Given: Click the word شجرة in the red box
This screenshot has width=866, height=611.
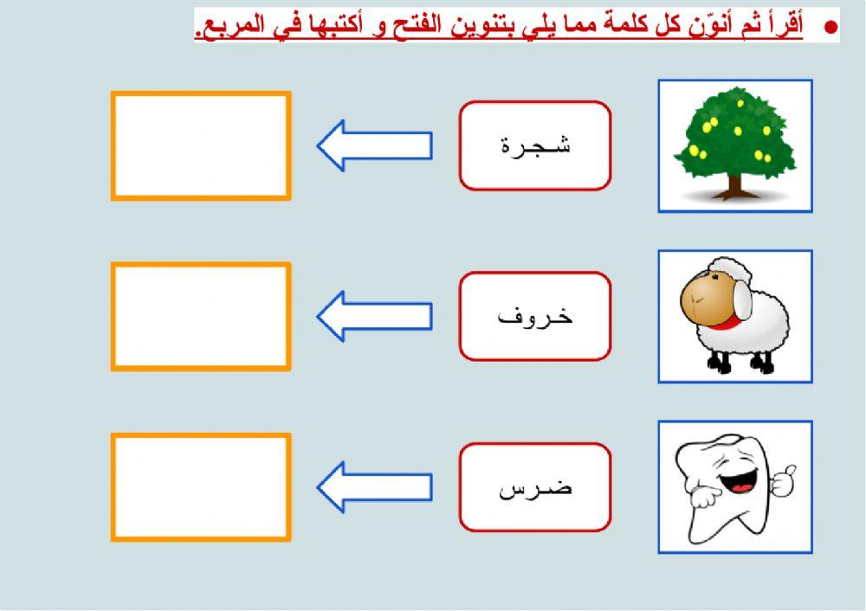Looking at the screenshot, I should point(535,145).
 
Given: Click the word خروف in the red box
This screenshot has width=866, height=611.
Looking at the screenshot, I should point(535,316).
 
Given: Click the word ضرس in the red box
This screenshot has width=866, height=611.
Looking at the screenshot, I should point(535,487).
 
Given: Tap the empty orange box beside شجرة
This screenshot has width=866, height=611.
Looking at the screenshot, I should point(201,146).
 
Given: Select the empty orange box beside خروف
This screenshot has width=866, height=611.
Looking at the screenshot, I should point(201,317).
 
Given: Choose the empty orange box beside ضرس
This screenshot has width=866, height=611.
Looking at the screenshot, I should point(201,487).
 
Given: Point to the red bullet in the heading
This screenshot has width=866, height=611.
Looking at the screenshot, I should point(830,28).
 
